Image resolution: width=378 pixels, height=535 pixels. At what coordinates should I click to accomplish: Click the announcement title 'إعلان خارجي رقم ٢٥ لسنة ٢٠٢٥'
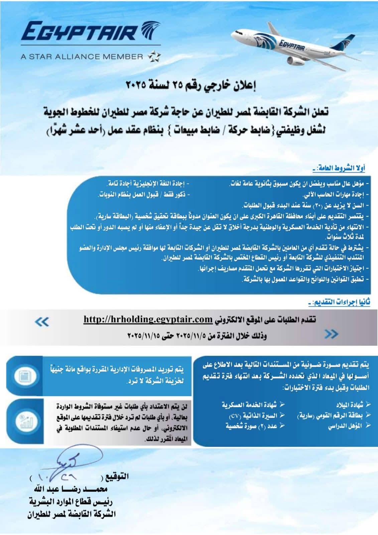[x=191, y=86]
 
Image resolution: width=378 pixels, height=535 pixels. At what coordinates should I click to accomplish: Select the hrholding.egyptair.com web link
[x=148, y=319]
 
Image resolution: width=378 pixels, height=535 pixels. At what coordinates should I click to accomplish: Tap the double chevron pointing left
[x=42, y=322]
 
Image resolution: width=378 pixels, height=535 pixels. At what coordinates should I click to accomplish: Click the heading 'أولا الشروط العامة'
[x=339, y=168]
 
